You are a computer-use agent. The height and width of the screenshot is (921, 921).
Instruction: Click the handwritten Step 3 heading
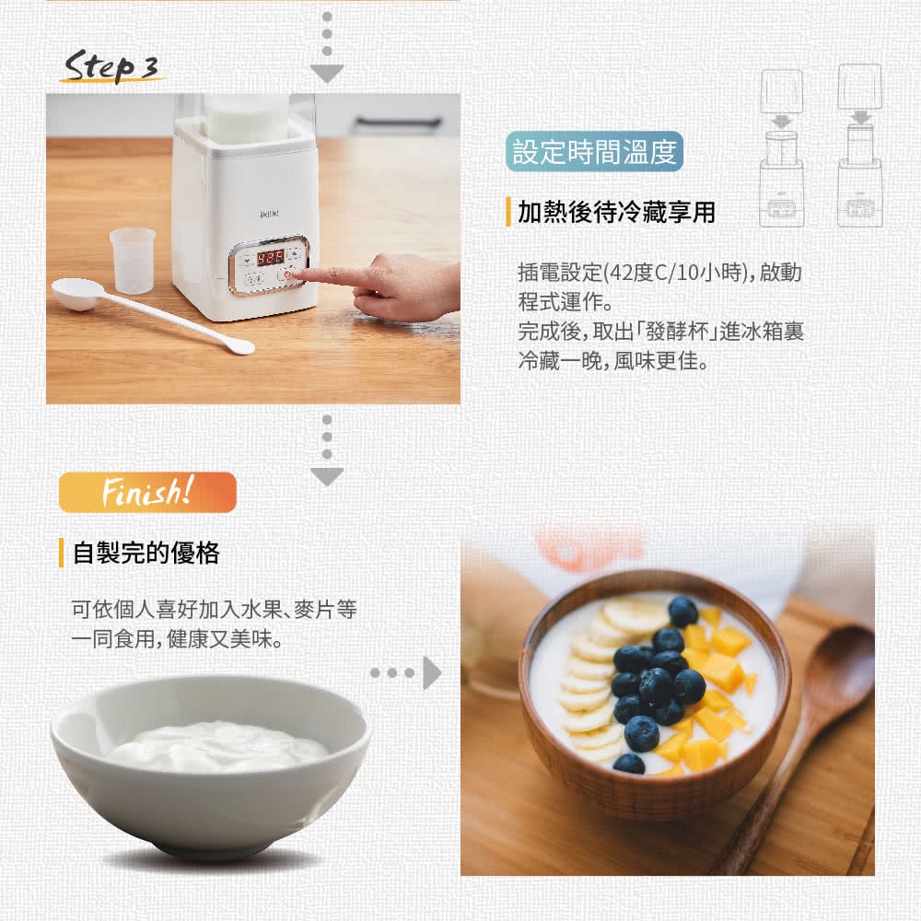click(x=111, y=66)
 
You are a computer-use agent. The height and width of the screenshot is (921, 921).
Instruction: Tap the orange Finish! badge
click(x=147, y=492)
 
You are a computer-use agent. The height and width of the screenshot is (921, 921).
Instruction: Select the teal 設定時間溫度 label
click(x=594, y=152)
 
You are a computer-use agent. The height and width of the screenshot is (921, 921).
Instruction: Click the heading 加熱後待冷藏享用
click(x=616, y=212)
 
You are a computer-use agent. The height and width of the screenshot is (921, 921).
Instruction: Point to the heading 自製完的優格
click(x=146, y=553)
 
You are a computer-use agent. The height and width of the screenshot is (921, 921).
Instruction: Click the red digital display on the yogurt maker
click(x=270, y=257)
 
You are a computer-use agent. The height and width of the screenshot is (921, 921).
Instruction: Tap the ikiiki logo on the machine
click(x=269, y=214)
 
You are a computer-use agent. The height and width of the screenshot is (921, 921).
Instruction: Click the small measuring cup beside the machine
click(x=133, y=261)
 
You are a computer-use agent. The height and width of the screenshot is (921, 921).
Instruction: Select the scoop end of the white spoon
click(x=76, y=294)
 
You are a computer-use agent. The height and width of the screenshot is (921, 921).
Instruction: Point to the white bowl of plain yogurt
click(x=210, y=764)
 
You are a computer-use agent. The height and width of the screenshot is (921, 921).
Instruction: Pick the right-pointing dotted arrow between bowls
click(x=405, y=672)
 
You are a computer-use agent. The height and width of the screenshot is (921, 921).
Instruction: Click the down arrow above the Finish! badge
click(x=327, y=450)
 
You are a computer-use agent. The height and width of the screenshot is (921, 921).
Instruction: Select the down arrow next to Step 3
click(x=327, y=47)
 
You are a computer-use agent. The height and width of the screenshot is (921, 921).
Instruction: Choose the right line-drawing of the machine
click(x=860, y=146)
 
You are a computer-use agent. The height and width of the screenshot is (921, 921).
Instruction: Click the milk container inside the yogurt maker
click(x=247, y=121)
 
